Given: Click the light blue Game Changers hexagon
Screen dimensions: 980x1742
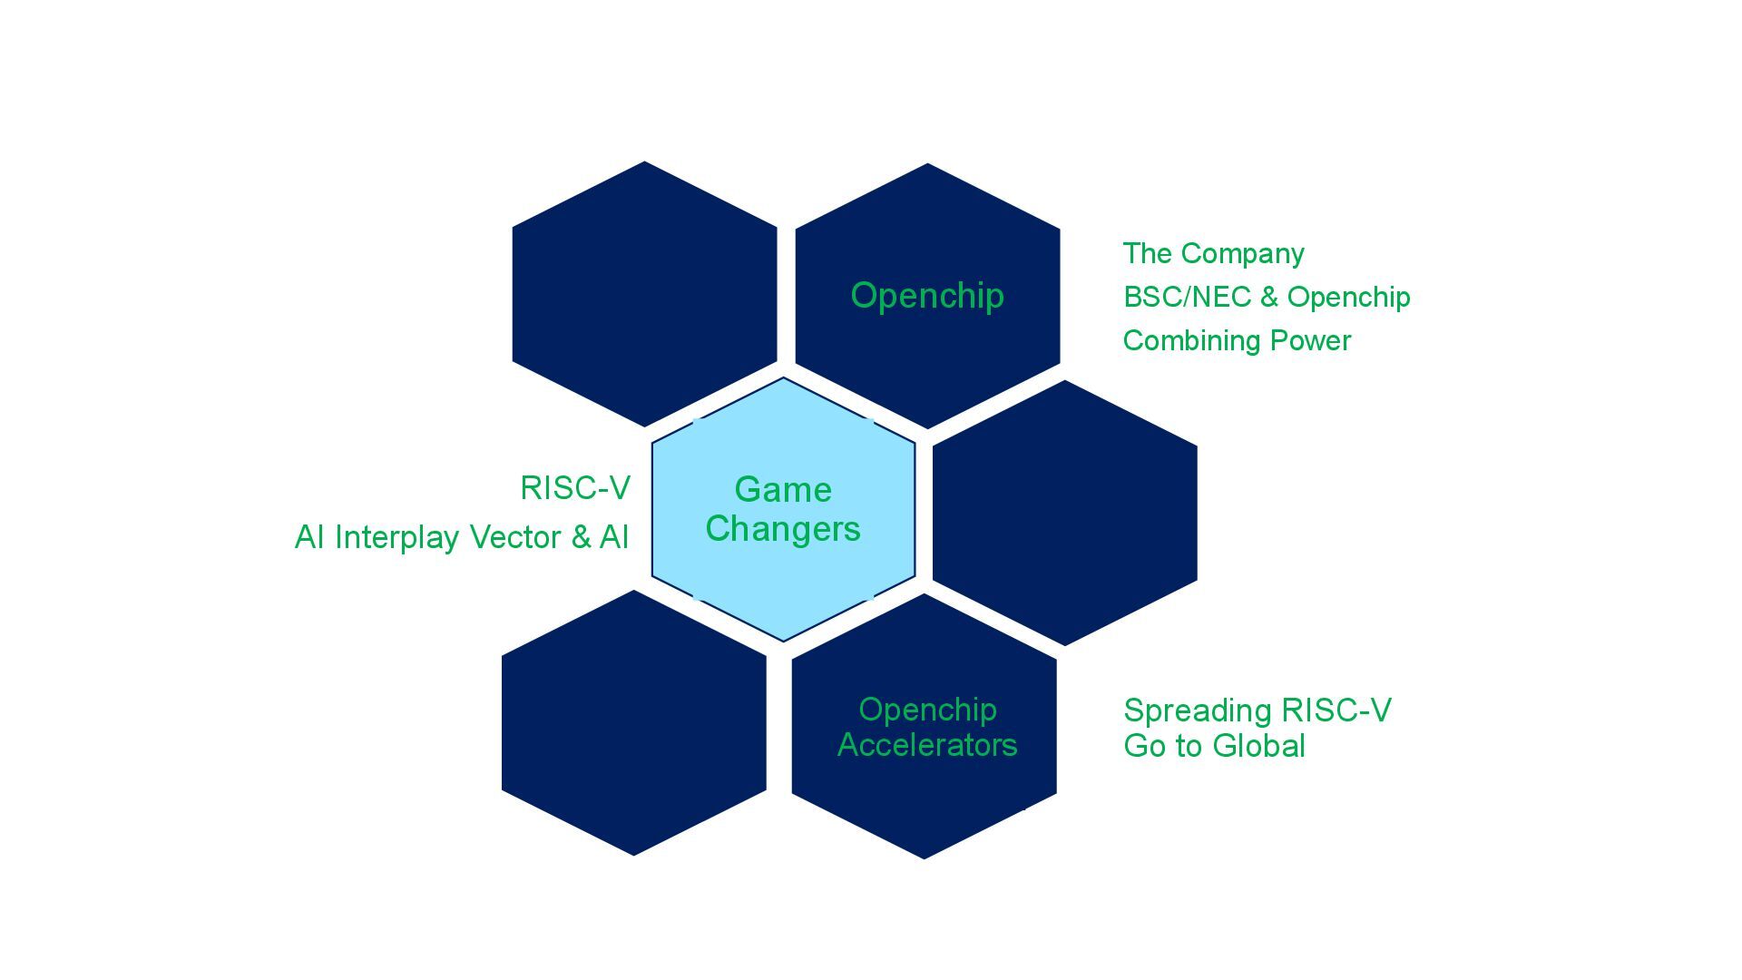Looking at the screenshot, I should click(x=783, y=581).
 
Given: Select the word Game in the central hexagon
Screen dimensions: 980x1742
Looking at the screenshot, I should click(x=783, y=490).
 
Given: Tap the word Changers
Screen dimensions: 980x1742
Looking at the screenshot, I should click(x=783, y=529).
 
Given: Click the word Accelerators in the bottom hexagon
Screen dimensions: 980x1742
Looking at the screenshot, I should click(x=927, y=745).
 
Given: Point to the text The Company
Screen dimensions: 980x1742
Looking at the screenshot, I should click(x=1213, y=253).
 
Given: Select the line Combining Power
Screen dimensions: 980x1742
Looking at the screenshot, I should click(x=1237, y=340).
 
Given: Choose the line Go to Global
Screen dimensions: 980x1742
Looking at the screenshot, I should click(x=1214, y=746).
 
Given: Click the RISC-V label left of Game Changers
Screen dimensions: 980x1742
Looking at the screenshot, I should click(x=574, y=488).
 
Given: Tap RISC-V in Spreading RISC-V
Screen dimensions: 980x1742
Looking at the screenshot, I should click(x=1336, y=710).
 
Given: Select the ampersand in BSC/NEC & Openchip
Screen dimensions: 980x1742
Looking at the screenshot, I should click(x=1268, y=297).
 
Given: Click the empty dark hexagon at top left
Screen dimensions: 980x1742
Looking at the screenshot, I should click(x=644, y=294).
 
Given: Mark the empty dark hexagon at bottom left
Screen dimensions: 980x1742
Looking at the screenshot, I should click(x=633, y=722).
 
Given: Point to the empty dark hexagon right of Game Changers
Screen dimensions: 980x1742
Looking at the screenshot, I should click(x=1064, y=513).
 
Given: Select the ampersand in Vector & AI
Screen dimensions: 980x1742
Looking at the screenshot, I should click(x=581, y=537).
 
